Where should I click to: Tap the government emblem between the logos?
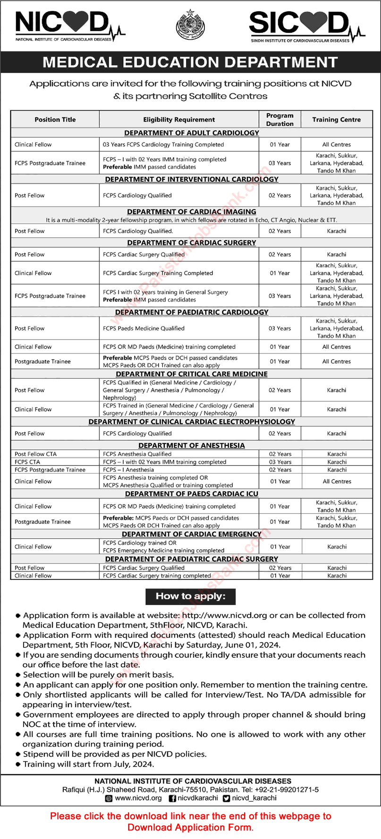[x=190, y=25]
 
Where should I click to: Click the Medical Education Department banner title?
[x=190, y=62]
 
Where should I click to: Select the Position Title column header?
[x=55, y=120]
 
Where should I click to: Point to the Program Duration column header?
[x=279, y=119]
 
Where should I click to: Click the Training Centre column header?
[x=336, y=120]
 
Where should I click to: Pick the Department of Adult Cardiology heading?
[x=192, y=133]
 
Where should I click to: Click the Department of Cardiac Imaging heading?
[x=192, y=212]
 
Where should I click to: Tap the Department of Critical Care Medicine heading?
[x=192, y=374]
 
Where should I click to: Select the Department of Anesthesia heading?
[x=192, y=445]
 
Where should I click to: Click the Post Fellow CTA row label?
[x=35, y=454]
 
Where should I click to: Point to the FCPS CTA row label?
[x=27, y=462]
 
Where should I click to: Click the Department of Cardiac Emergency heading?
[x=192, y=534]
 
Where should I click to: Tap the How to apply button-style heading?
[x=190, y=596]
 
